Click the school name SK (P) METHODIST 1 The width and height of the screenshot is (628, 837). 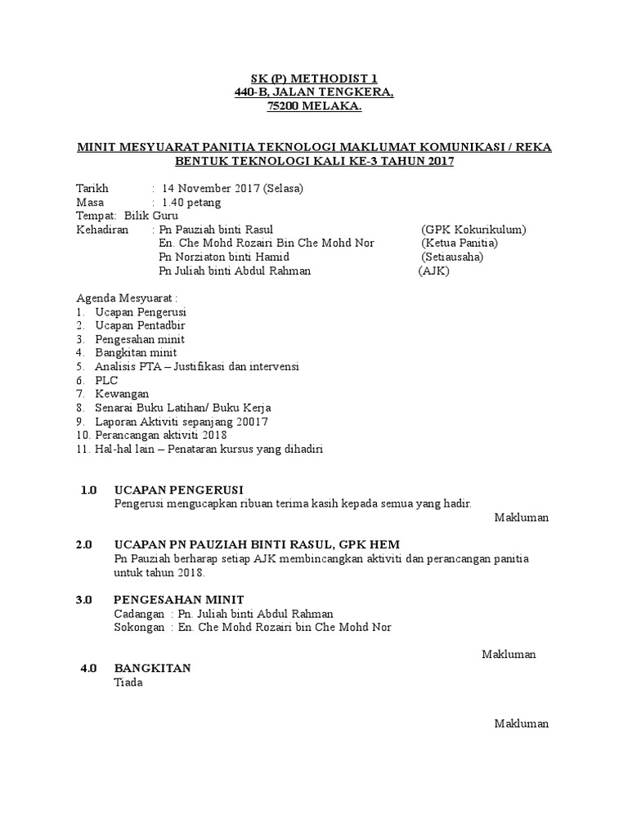(314, 79)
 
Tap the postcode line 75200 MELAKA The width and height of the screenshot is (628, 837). (314, 107)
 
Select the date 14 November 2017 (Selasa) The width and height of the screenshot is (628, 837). (232, 188)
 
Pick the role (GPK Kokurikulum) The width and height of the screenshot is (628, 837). (473, 230)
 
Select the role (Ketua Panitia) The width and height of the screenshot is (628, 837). (460, 244)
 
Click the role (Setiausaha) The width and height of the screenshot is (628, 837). (452, 257)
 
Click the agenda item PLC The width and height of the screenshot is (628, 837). (106, 380)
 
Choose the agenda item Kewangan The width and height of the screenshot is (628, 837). (122, 394)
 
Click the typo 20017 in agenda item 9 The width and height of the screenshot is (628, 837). (253, 422)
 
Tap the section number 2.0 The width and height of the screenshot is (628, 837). (84, 545)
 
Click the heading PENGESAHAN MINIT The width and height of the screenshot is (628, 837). (178, 600)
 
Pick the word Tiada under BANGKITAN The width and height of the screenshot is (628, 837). (128, 683)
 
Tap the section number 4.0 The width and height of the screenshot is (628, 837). (88, 669)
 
